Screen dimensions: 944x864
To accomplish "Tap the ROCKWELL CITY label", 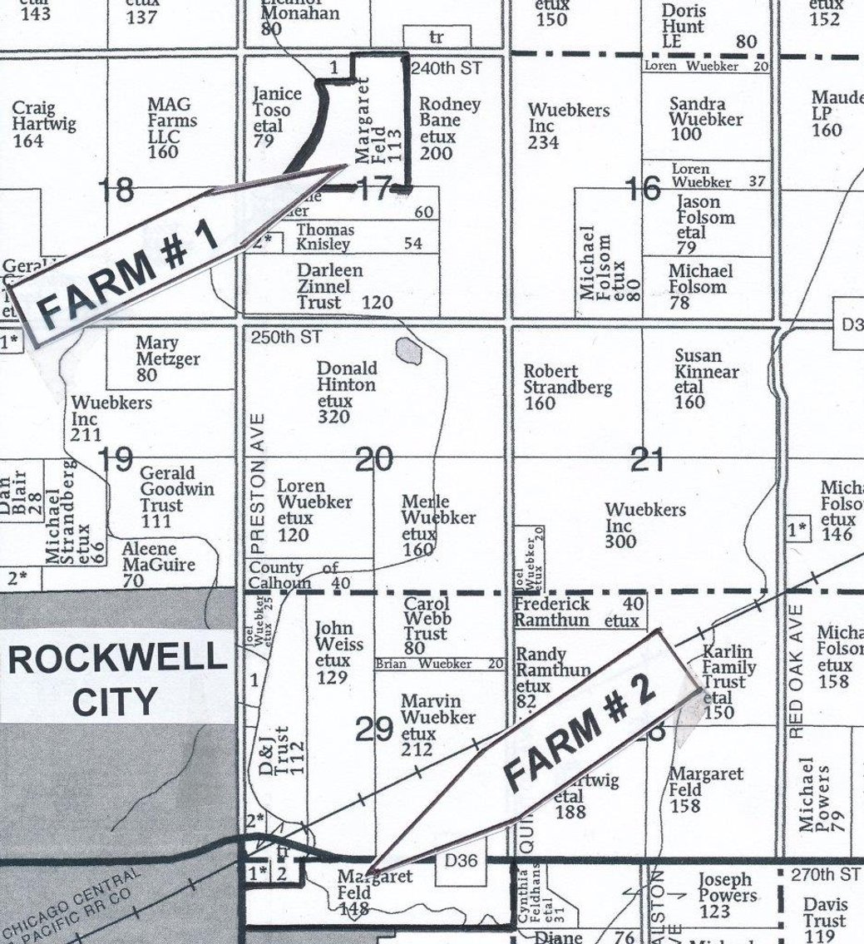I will [116, 679].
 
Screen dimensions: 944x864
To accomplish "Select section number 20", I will [373, 459].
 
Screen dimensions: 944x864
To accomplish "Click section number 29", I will [373, 729].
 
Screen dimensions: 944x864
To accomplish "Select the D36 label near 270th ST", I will [462, 860].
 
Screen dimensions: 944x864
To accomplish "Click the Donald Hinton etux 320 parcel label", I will [347, 392].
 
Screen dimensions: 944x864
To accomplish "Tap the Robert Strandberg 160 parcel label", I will [567, 387].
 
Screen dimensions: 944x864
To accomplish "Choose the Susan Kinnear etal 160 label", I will [706, 379].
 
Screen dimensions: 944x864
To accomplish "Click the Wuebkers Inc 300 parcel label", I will [645, 526].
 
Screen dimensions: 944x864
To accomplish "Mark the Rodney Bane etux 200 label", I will [448, 128].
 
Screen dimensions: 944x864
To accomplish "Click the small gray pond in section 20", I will [408, 351].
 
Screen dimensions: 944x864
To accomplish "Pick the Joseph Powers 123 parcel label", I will [724, 896].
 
